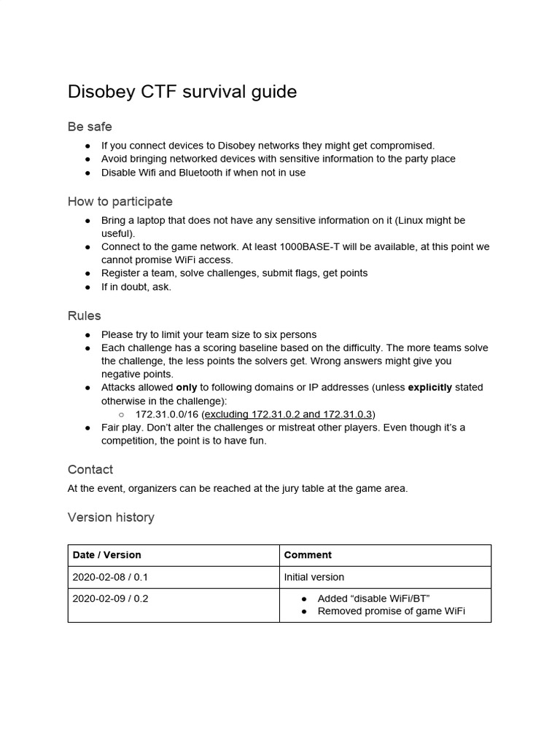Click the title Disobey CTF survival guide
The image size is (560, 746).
(x=182, y=92)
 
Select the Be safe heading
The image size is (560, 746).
(x=90, y=127)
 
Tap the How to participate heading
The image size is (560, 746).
(x=120, y=201)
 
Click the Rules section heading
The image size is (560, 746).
(x=85, y=315)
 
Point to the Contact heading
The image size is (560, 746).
(x=90, y=469)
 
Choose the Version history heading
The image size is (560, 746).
(x=111, y=517)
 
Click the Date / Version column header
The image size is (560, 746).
(x=107, y=555)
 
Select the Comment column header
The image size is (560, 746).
(x=308, y=555)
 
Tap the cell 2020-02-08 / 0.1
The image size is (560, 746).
(x=110, y=577)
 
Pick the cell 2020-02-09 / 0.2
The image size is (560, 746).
(x=110, y=599)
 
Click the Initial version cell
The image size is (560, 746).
(x=314, y=577)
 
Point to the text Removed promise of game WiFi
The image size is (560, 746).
(x=391, y=611)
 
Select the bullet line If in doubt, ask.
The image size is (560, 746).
(x=136, y=286)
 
